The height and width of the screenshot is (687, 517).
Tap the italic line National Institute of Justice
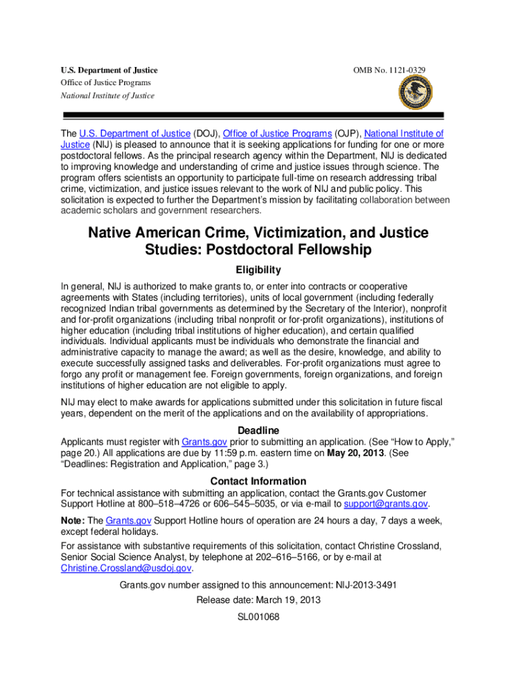coord(107,95)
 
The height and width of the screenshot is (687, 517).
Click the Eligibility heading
coord(258,270)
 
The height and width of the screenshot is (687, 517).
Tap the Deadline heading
coord(258,430)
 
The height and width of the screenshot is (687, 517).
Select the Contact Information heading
coord(258,481)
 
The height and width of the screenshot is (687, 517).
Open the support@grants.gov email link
coord(385,504)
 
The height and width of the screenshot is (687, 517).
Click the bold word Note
coord(72,521)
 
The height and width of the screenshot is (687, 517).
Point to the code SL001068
coord(258,617)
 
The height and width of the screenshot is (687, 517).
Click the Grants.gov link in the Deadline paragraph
coord(205,441)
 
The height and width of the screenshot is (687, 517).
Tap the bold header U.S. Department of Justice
coord(109,70)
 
